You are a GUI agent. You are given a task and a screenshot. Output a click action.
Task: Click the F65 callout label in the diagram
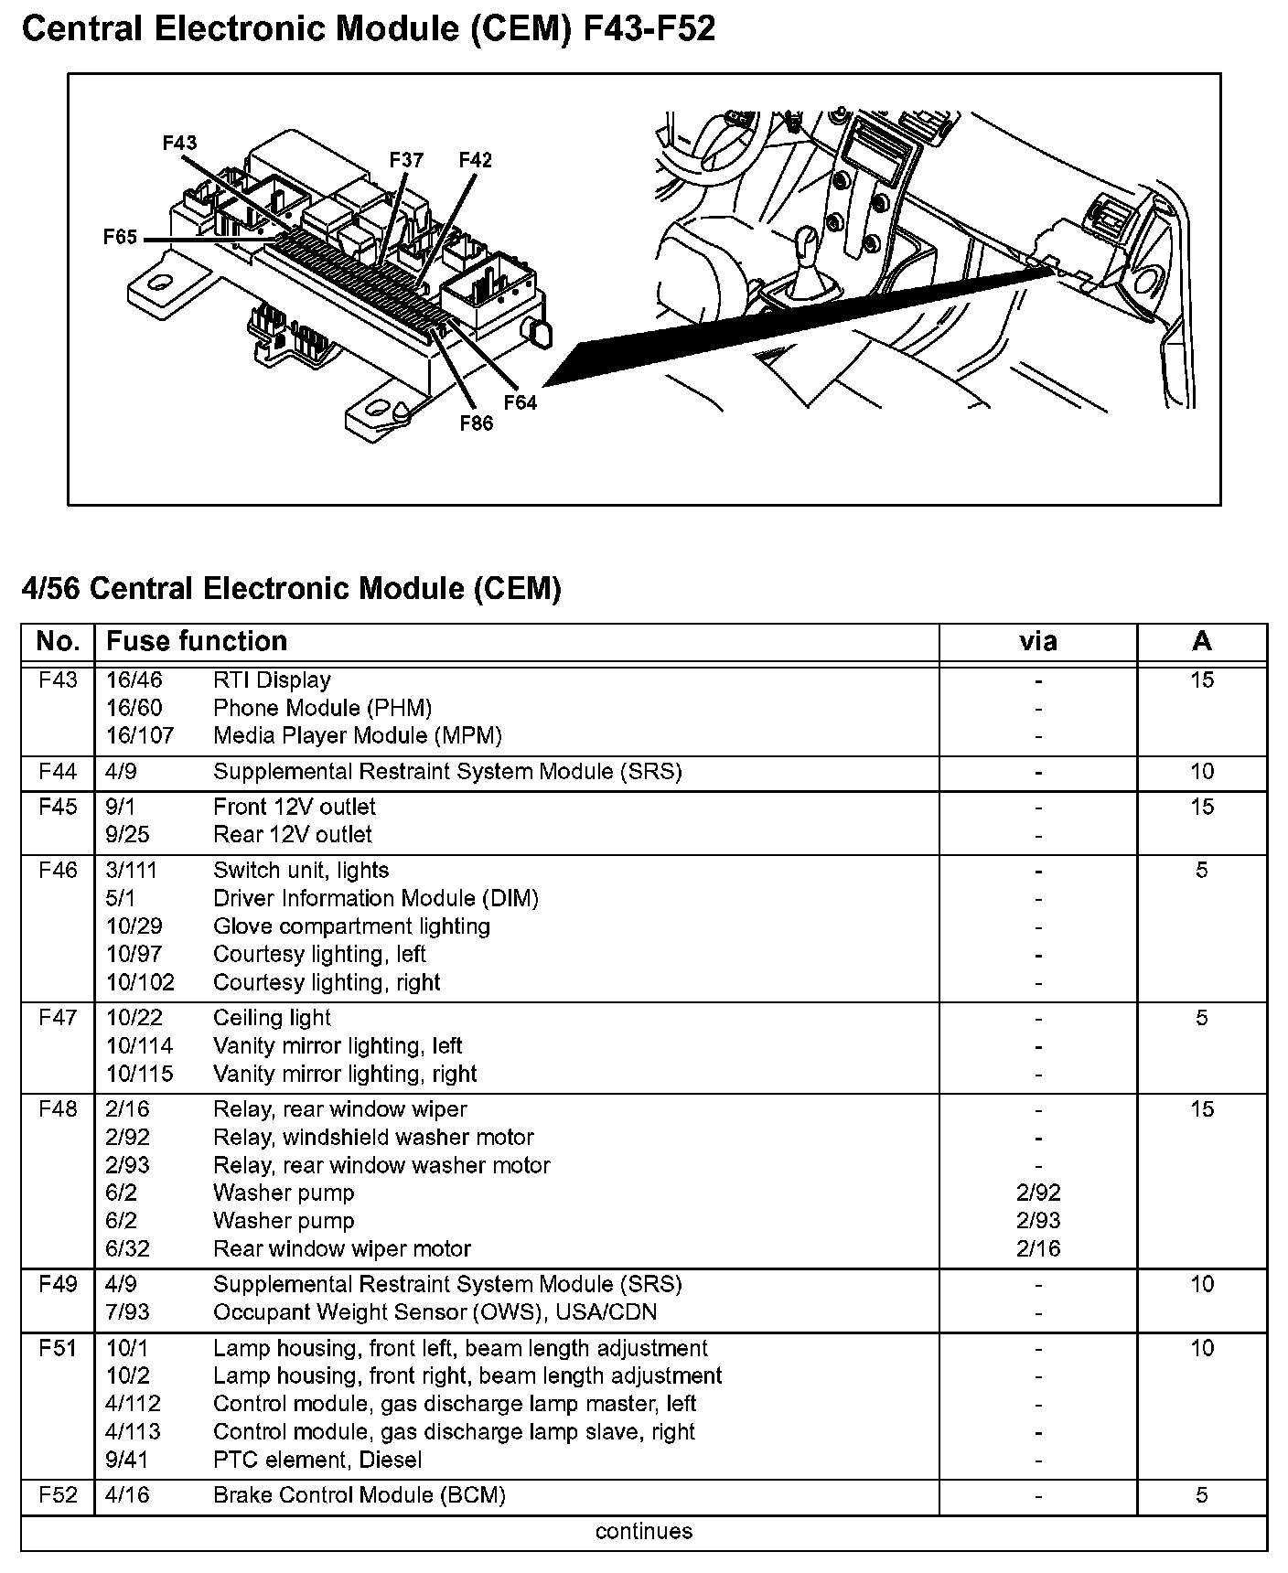point(120,238)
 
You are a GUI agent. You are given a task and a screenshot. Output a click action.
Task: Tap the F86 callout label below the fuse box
point(476,423)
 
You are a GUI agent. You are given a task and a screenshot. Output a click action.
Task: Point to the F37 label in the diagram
point(406,160)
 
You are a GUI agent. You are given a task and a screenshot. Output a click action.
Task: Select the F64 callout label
point(520,401)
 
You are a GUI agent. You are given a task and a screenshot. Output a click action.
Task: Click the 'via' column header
point(1037,641)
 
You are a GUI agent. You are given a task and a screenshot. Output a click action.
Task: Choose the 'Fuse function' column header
point(197,641)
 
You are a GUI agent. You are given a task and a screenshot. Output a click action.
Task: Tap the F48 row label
point(58,1109)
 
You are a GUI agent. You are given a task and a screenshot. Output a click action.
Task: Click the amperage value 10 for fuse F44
point(1201,772)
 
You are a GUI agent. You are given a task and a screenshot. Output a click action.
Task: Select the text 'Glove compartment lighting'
point(351,926)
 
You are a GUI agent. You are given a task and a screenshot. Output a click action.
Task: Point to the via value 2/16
point(1037,1249)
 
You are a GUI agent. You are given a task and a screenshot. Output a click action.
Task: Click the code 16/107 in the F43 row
point(140,736)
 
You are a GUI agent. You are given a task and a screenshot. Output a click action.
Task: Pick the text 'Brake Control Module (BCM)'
point(359,1495)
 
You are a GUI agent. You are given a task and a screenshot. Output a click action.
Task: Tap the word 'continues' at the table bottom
point(643,1532)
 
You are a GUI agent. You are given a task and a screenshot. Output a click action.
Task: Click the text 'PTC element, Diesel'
point(317,1460)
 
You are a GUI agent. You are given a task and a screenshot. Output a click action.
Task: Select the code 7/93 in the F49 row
point(128,1312)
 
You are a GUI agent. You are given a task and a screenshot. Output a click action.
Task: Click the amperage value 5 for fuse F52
point(1201,1495)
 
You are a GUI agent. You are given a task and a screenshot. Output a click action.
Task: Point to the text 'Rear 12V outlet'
point(293,835)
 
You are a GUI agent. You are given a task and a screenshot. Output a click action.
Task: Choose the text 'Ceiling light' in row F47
point(272,1018)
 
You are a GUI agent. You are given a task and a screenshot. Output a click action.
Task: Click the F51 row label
point(58,1348)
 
